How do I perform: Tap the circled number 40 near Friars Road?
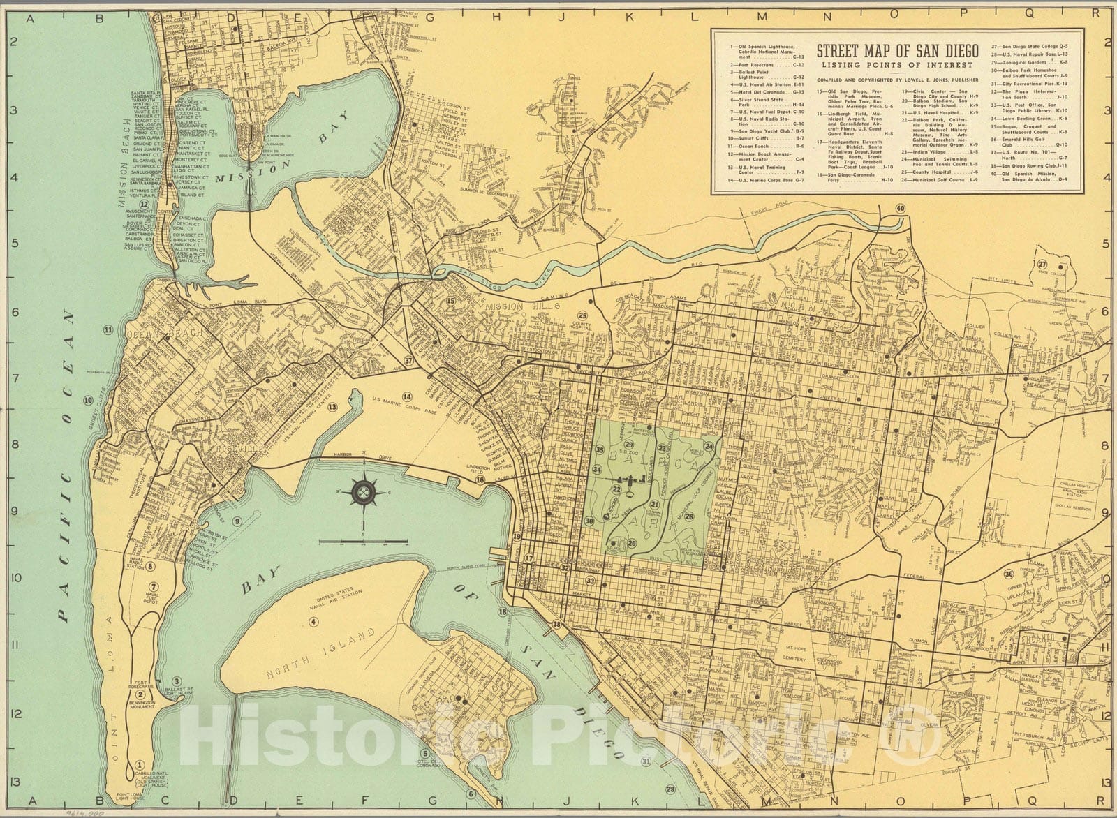901,209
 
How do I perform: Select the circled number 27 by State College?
1042,264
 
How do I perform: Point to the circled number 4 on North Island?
314,622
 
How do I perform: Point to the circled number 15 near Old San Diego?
451,301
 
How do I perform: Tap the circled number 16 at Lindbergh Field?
480,480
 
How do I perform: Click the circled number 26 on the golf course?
689,516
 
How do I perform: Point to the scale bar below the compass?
364,542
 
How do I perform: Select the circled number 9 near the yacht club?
237,521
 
